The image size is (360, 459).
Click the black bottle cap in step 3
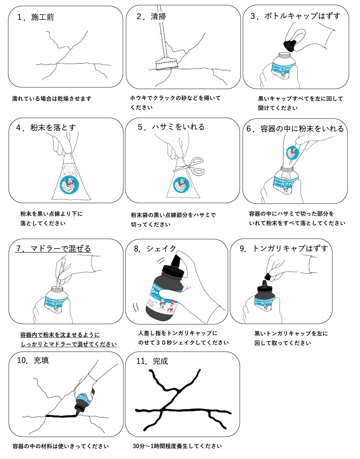point(290,45)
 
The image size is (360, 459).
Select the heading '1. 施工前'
point(36,17)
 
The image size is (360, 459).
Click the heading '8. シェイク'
point(155,248)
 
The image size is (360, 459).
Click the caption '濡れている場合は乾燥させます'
point(52,98)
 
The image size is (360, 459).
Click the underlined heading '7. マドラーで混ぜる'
point(53,248)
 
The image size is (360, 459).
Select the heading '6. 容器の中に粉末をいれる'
point(295,129)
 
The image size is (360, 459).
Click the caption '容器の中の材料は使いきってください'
point(60,446)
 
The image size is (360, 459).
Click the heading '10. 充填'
point(33,361)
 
